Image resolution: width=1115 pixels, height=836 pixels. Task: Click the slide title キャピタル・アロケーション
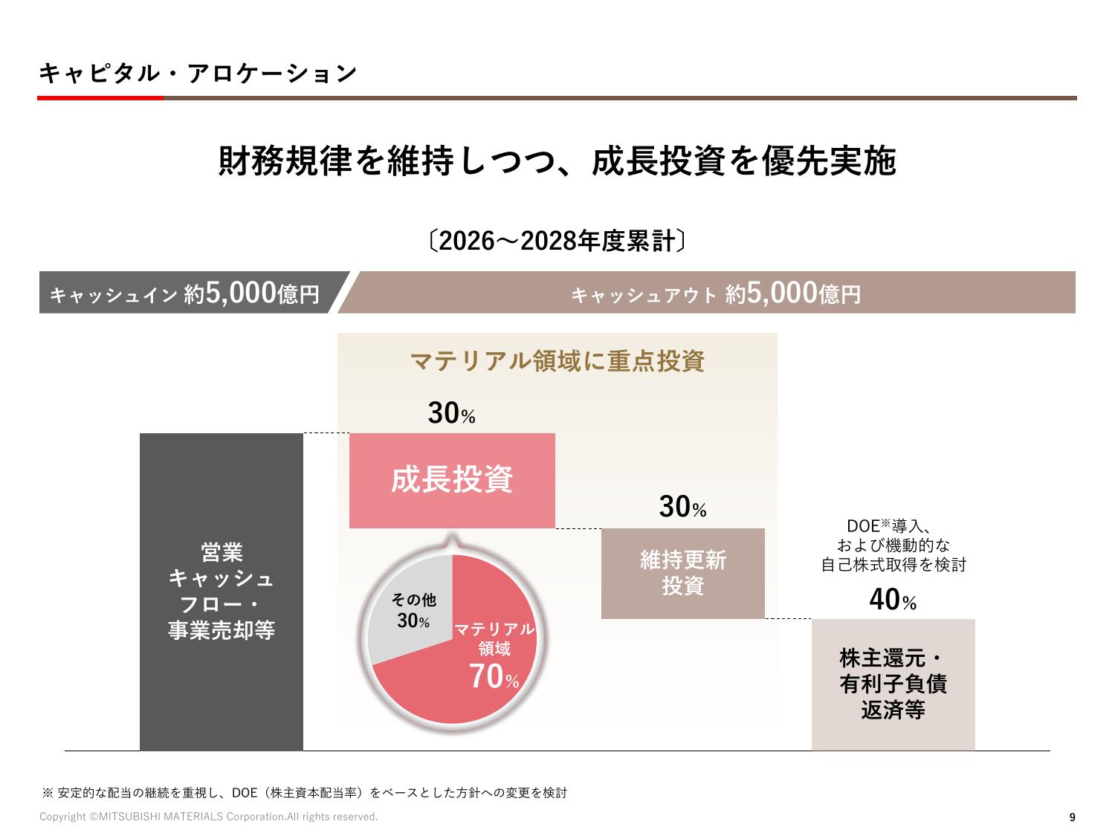point(197,73)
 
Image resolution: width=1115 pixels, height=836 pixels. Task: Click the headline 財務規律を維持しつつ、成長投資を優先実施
point(557,161)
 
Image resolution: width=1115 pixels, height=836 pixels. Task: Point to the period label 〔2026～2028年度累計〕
point(557,242)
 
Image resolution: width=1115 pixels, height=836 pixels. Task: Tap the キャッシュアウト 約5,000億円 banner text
point(715,294)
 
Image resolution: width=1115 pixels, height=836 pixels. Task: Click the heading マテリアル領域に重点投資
point(557,362)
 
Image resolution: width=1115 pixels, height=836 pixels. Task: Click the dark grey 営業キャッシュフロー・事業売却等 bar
point(221,592)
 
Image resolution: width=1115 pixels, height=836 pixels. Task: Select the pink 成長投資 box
point(452,480)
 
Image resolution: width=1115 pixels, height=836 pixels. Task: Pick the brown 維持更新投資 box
point(682,573)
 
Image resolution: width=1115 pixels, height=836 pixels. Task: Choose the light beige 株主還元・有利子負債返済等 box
point(893,684)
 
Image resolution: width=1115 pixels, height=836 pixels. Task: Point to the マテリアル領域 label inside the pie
point(494,638)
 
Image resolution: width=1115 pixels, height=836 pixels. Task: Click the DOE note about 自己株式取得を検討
point(893,545)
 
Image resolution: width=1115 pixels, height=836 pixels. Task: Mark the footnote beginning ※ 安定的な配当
point(305,793)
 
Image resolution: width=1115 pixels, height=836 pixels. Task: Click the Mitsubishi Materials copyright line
point(208,817)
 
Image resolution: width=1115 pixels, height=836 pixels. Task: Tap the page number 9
point(1071,817)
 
